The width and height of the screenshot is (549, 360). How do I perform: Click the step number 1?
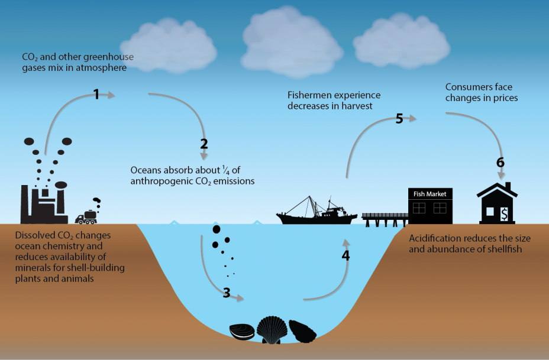[x=96, y=93]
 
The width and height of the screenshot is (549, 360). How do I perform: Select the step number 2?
[x=204, y=144]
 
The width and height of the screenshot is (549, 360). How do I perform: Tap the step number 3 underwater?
[x=226, y=292]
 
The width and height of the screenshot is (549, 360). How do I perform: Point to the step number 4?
[x=345, y=255]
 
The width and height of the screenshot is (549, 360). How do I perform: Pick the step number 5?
[x=399, y=118]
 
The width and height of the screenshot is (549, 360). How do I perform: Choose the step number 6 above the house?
[x=500, y=162]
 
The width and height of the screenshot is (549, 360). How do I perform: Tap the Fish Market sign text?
[x=430, y=194]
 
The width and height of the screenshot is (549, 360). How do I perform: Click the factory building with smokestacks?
[x=45, y=204]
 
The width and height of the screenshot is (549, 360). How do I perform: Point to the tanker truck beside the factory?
[x=88, y=217]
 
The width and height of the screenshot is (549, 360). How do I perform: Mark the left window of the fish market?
[x=419, y=207]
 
